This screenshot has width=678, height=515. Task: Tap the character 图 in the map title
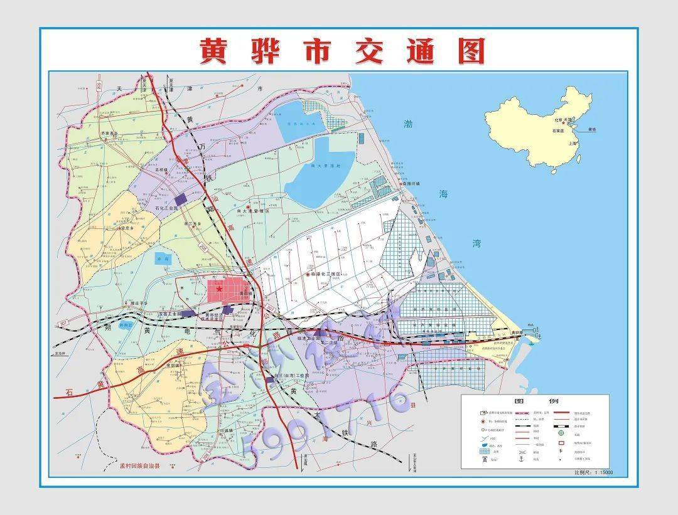point(471,51)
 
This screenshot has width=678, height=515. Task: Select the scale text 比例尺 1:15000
point(593,472)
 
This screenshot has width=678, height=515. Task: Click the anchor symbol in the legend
point(521,460)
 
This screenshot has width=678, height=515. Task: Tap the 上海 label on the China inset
point(572,144)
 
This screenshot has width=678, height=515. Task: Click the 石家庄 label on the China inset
point(559,131)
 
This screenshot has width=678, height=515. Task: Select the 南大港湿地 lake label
point(325,166)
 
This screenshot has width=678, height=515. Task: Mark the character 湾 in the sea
point(476,244)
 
